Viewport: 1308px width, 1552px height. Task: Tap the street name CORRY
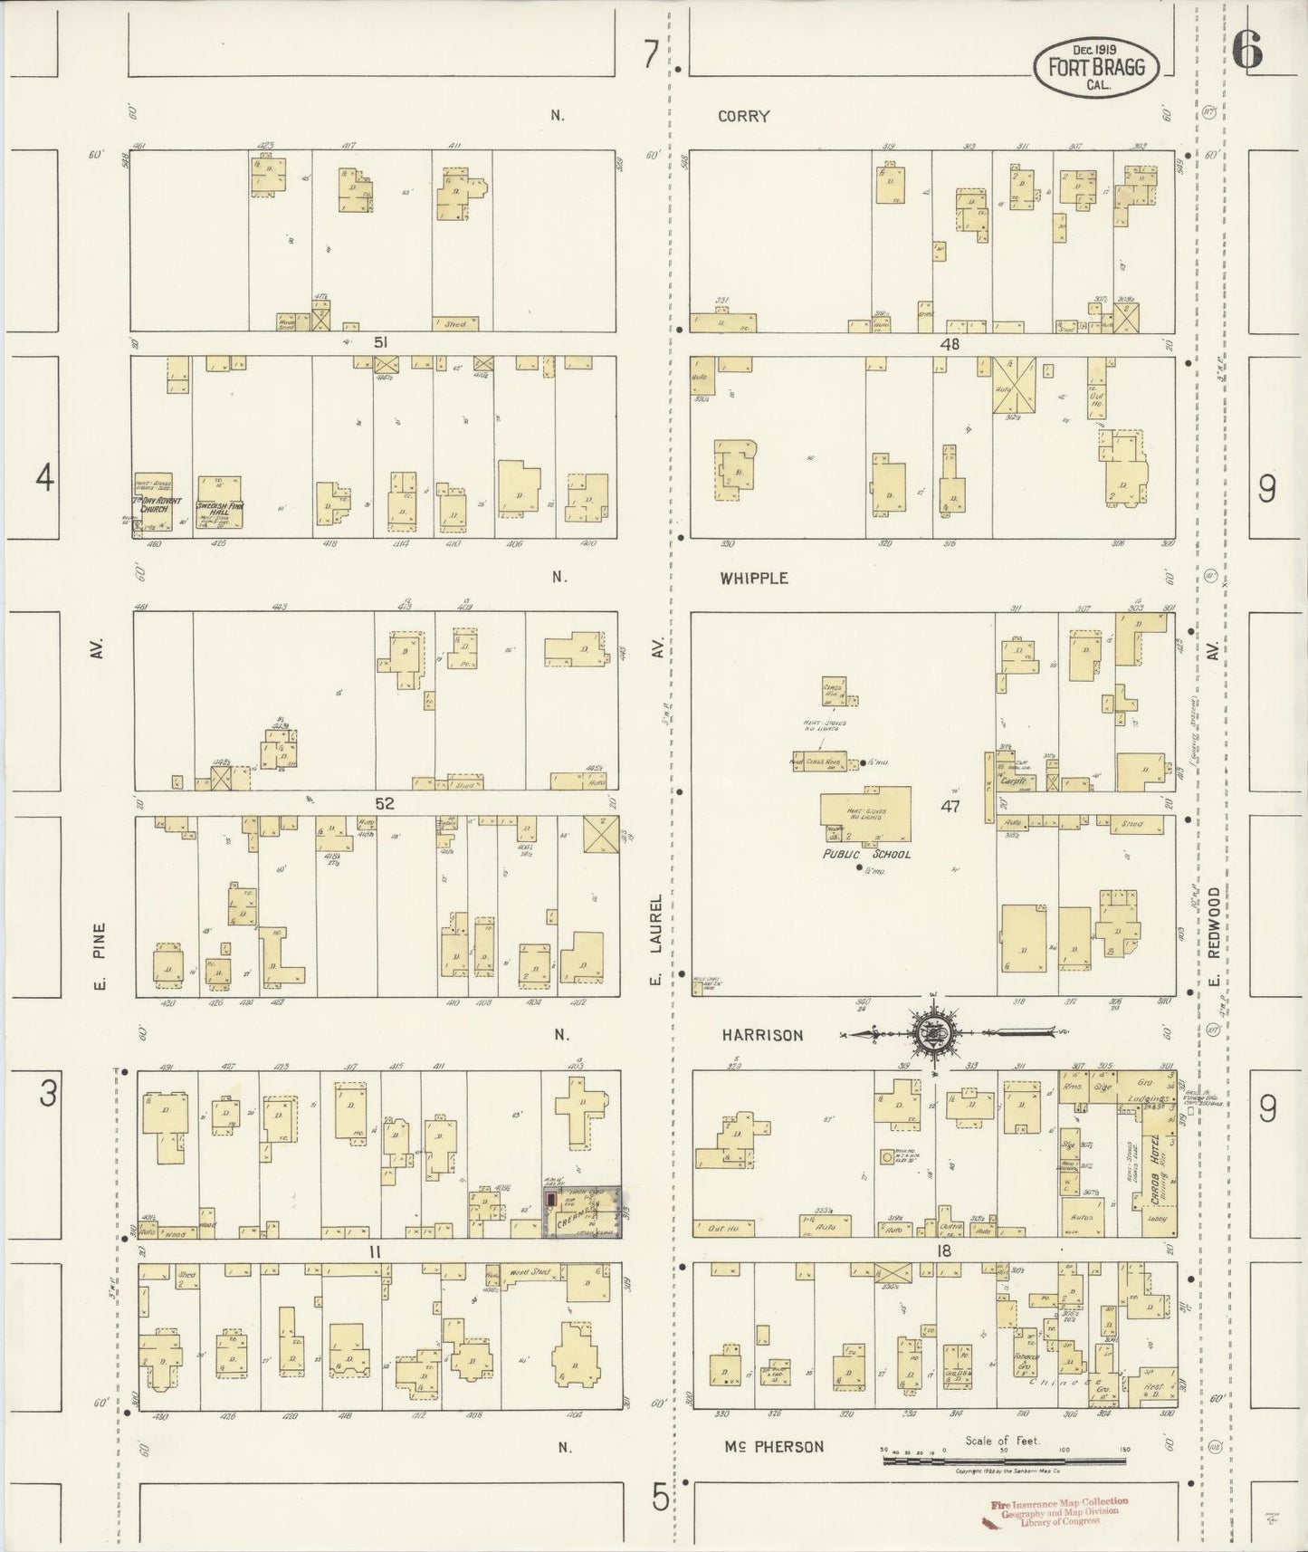coord(743,116)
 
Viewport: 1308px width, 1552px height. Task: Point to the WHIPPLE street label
coord(754,578)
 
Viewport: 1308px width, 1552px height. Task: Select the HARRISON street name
coord(763,1035)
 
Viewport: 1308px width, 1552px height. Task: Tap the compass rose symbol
coord(931,1032)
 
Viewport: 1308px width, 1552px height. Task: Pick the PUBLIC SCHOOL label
coord(866,854)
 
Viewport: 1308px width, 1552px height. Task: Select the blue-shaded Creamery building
coord(581,1211)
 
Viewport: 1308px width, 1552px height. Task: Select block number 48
coord(949,344)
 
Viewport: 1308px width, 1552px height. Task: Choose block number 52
coord(386,802)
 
